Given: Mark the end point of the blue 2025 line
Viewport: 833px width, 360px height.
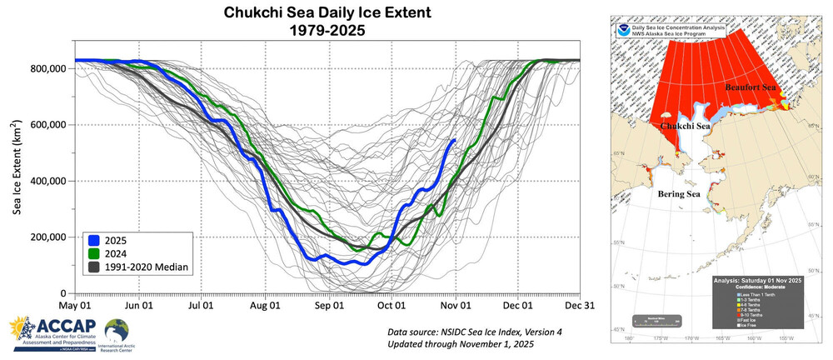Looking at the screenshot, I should [x=454, y=139].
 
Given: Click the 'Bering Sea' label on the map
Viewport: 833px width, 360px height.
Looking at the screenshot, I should [x=678, y=193].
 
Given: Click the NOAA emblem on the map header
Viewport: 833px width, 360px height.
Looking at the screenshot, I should [x=626, y=30].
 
